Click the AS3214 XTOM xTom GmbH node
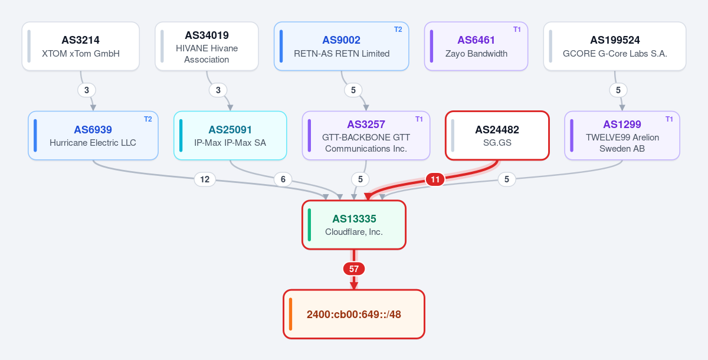click(81, 46)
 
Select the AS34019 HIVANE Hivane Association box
click(206, 46)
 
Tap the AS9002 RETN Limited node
click(342, 46)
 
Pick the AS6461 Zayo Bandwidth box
click(476, 46)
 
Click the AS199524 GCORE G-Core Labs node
click(615, 46)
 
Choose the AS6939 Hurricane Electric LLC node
click(93, 135)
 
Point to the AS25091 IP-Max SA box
click(230, 135)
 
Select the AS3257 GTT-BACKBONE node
click(366, 135)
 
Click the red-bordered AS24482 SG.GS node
click(497, 135)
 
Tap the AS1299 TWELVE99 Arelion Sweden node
click(622, 135)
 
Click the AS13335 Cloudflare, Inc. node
click(354, 225)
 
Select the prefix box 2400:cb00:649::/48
click(354, 314)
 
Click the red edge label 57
click(354, 269)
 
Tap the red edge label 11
click(435, 179)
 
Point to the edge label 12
click(205, 179)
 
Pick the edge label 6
click(283, 179)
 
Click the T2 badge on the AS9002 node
click(398, 30)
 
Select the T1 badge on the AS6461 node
click(517, 30)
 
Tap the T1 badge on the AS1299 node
click(669, 119)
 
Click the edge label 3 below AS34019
click(218, 90)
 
